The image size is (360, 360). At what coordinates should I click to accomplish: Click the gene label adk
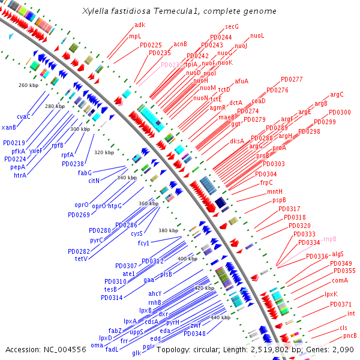click(x=140, y=25)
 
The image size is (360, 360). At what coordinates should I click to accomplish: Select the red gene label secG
click(x=232, y=27)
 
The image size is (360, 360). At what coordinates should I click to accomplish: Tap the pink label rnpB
click(x=330, y=239)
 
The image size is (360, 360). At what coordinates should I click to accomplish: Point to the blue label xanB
click(x=9, y=127)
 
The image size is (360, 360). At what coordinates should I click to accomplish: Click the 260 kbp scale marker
click(x=28, y=85)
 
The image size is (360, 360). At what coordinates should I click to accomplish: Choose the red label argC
click(x=337, y=94)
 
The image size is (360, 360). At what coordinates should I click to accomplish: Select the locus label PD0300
click(x=340, y=112)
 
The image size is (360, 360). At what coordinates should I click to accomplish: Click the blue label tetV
click(x=81, y=259)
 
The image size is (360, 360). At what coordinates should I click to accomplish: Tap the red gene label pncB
click(x=350, y=335)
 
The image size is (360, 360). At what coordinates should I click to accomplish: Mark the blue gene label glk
click(x=136, y=353)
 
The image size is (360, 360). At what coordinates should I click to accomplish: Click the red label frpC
click(x=266, y=182)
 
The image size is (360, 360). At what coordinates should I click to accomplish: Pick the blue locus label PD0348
click(x=194, y=334)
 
